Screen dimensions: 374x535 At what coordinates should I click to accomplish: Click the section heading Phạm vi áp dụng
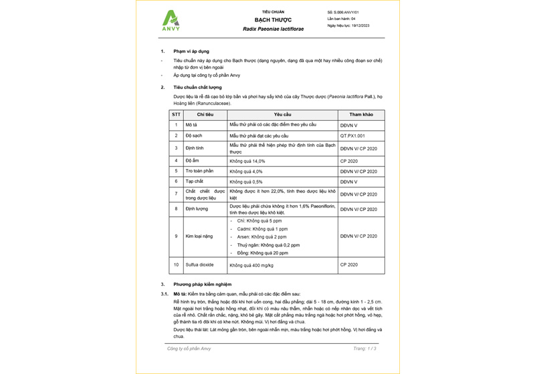(191, 51)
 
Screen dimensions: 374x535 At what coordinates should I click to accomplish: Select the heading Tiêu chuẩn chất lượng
(197, 87)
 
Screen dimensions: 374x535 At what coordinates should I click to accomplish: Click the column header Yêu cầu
(282, 114)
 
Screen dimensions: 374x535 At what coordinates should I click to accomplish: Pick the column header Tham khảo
(361, 114)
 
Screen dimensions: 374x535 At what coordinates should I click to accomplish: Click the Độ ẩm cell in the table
(193, 161)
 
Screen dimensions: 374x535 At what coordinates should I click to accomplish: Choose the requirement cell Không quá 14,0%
(247, 161)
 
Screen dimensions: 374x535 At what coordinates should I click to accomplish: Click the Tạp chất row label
(194, 181)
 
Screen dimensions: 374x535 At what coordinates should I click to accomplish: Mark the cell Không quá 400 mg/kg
(252, 265)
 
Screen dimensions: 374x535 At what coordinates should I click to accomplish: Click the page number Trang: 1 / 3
(364, 349)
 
